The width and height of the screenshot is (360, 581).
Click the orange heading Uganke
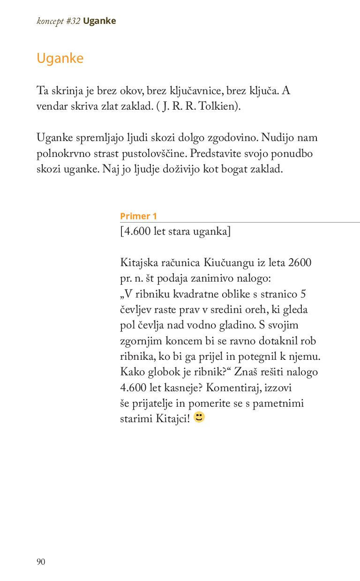click(x=60, y=59)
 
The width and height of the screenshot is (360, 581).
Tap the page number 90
click(x=41, y=562)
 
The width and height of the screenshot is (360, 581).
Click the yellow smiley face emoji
click(x=199, y=417)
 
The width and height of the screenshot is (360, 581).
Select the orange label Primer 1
click(x=138, y=216)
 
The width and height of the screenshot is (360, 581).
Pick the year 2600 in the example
click(x=300, y=263)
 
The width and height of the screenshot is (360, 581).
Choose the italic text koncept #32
click(x=59, y=21)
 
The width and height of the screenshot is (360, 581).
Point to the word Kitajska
click(x=139, y=263)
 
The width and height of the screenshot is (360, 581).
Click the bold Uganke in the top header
click(x=99, y=21)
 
